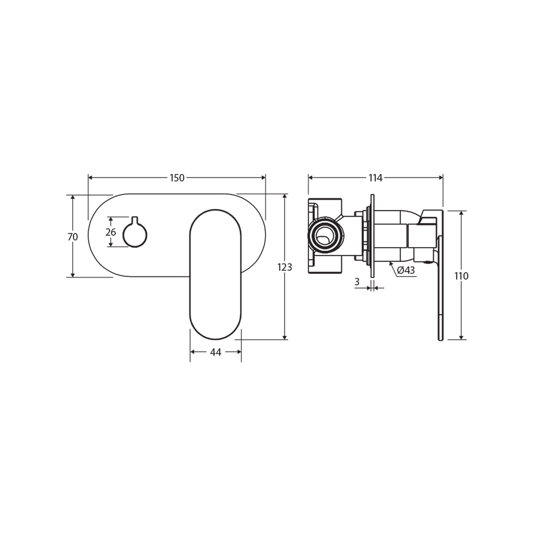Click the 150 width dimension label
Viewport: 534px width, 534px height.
[177, 178]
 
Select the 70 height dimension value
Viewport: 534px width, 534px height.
[73, 237]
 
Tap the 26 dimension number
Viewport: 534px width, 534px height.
[111, 232]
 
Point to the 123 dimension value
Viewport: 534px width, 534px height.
[285, 267]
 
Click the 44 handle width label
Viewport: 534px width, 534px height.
[216, 352]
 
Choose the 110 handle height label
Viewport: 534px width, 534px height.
[461, 276]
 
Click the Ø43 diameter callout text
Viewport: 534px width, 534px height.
[406, 270]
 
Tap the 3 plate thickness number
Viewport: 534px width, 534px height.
[357, 281]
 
